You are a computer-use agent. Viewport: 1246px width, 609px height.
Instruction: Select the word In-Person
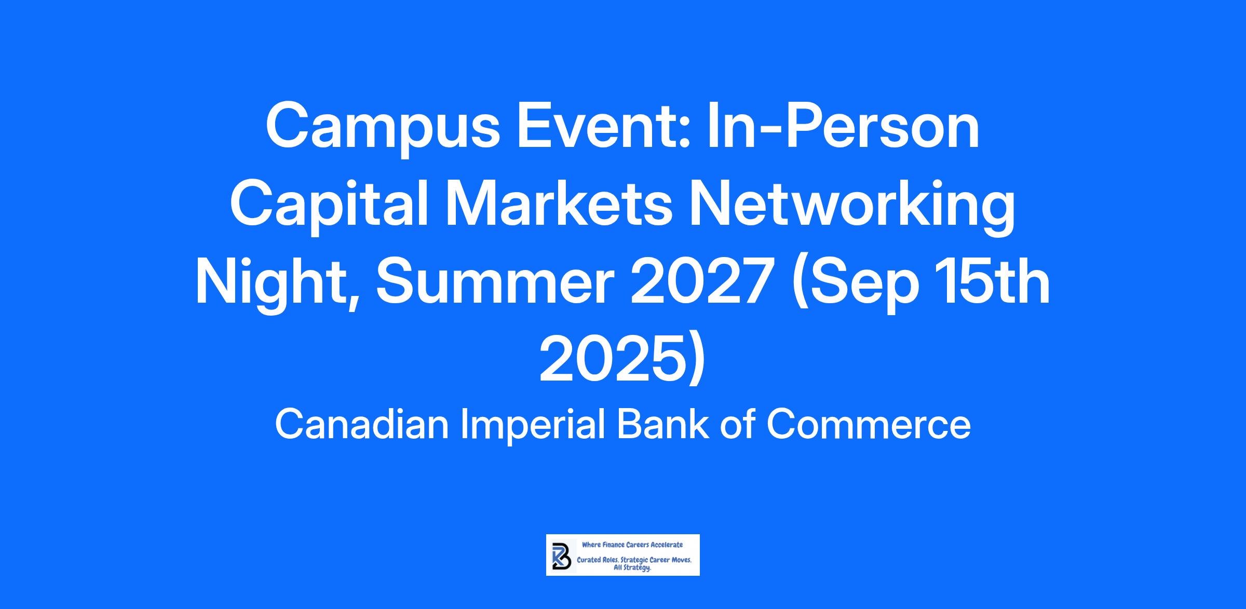click(x=842, y=125)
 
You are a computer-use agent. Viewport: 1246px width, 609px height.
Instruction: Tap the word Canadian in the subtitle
click(x=361, y=424)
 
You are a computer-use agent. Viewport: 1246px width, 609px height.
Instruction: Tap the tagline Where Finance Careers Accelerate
click(x=632, y=545)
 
